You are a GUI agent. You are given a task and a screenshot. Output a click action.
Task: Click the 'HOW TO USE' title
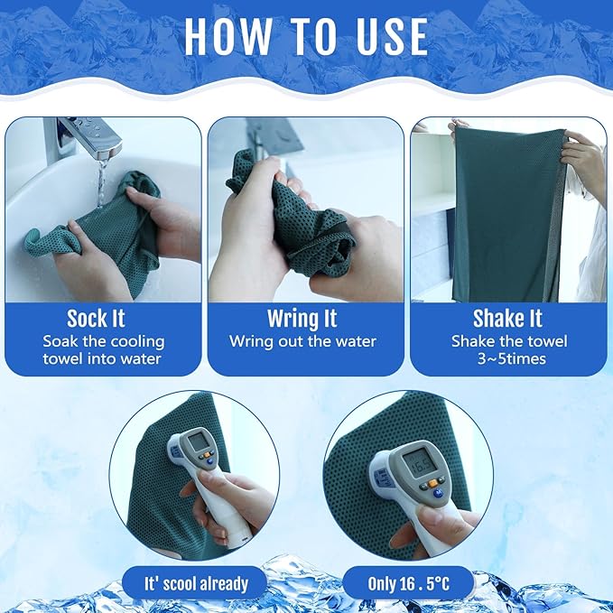[x=306, y=36]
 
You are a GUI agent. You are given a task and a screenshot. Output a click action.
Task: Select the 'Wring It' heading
[x=302, y=319]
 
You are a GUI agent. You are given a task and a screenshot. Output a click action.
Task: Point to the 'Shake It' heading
[x=508, y=319]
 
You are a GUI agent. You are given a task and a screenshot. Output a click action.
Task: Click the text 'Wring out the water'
[x=302, y=341]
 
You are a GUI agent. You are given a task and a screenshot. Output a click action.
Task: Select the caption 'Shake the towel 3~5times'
[x=508, y=350]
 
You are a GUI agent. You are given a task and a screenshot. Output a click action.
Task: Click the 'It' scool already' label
[x=196, y=583]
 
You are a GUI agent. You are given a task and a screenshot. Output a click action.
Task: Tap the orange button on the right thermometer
[x=433, y=484]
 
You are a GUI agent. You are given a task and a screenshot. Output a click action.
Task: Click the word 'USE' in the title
[x=383, y=36]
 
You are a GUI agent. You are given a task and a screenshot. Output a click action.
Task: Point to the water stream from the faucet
[x=101, y=181]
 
